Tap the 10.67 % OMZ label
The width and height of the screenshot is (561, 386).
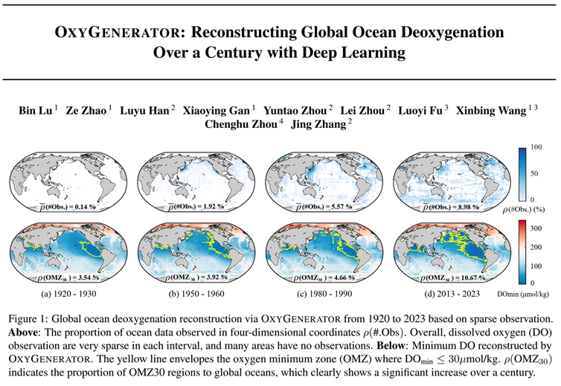[452, 279]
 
